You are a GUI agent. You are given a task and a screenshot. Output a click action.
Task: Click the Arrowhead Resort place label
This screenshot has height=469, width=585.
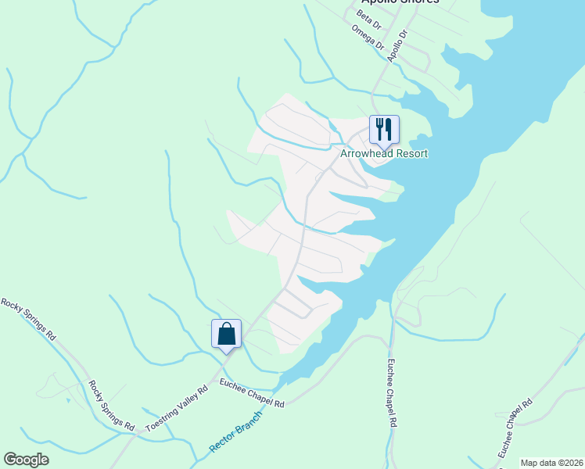384,154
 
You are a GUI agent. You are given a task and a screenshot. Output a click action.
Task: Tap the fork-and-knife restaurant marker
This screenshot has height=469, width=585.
384,129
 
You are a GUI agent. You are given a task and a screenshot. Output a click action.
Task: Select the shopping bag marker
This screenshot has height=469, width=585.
226,334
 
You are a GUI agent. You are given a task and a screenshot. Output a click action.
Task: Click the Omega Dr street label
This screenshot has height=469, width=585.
368,39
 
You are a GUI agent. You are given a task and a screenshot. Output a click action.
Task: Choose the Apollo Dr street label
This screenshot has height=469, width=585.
399,44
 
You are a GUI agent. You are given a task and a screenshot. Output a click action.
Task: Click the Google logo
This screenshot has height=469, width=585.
26,460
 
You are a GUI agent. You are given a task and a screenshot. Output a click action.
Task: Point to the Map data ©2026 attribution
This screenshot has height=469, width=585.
551,463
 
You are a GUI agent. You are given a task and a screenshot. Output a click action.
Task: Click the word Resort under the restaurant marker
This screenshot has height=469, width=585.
413,154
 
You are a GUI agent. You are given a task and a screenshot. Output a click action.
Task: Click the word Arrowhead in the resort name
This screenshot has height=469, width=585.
368,154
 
